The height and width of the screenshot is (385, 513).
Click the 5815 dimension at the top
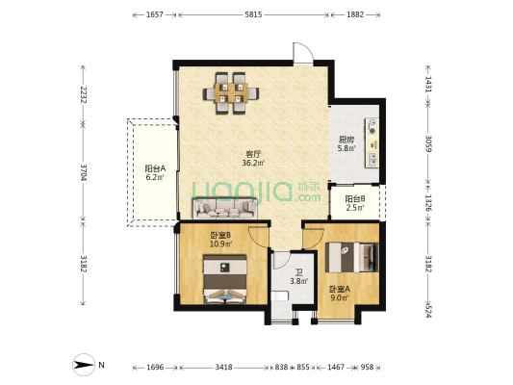tap(253, 14)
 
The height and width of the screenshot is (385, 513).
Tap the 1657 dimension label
tap(155, 14)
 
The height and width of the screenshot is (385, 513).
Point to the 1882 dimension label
tap(355, 14)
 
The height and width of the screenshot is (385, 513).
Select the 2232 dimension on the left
tap(83, 95)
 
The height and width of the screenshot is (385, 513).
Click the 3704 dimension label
tap(83, 172)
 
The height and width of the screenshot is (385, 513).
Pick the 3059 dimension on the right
tap(428, 143)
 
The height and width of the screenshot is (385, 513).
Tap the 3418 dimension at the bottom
tap(224, 368)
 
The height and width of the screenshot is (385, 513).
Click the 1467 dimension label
tap(336, 368)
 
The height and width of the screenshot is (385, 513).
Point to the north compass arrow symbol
tap(84, 365)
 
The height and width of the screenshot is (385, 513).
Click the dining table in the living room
tap(231, 93)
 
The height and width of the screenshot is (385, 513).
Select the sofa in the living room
tap(225, 208)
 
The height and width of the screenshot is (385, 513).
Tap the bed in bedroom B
tap(225, 279)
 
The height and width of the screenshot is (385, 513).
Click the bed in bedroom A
tap(352, 257)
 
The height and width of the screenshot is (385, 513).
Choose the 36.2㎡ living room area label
tap(253, 163)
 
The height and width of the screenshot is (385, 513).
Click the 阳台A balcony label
tap(155, 168)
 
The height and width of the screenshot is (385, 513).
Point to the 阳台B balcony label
tap(355, 198)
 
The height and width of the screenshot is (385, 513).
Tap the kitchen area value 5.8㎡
tap(346, 148)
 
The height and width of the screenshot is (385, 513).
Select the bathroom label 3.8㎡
tap(298, 281)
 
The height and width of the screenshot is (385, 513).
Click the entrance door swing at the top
tap(303, 53)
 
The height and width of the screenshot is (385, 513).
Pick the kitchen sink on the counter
tap(372, 160)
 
